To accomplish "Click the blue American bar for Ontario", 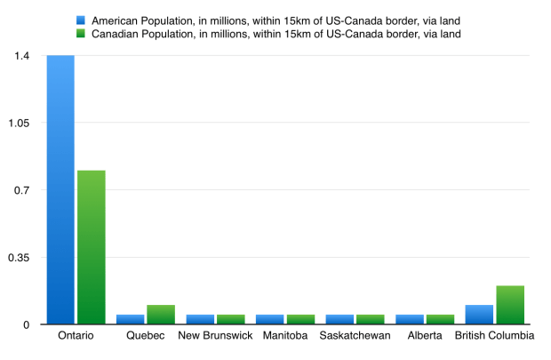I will pos(60,190).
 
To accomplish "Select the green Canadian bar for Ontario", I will pos(91,247).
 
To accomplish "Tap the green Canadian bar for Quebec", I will pos(161,315).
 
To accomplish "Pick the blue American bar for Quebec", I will pos(130,319).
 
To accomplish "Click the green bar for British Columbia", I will pos(510,305).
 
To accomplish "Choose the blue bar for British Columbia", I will pos(479,315).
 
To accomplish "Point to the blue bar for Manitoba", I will pos(270,319).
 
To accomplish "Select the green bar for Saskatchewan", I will pos(371,319).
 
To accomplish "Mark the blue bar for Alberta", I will pos(410,319).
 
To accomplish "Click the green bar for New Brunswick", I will pos(231,319).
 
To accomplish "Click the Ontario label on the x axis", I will pos(76,336).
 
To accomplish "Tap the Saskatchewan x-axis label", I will pos(355,336).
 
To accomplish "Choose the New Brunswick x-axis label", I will pos(215,336).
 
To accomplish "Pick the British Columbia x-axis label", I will pos(494,336).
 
